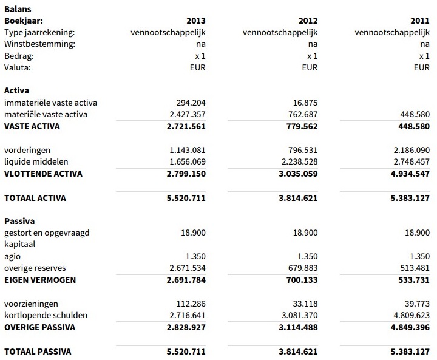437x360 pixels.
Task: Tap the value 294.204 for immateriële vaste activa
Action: point(188,103)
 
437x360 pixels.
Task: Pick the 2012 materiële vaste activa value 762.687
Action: point(300,114)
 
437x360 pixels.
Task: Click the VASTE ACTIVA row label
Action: point(32,126)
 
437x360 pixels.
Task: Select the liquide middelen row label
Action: point(36,161)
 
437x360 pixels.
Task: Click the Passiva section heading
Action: point(19,221)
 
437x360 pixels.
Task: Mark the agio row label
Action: point(12,256)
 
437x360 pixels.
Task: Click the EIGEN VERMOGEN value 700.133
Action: point(300,280)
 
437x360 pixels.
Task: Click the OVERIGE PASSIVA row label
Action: point(39,327)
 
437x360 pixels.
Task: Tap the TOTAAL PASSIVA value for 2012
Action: point(293,351)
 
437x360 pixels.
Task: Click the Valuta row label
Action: point(17,67)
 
